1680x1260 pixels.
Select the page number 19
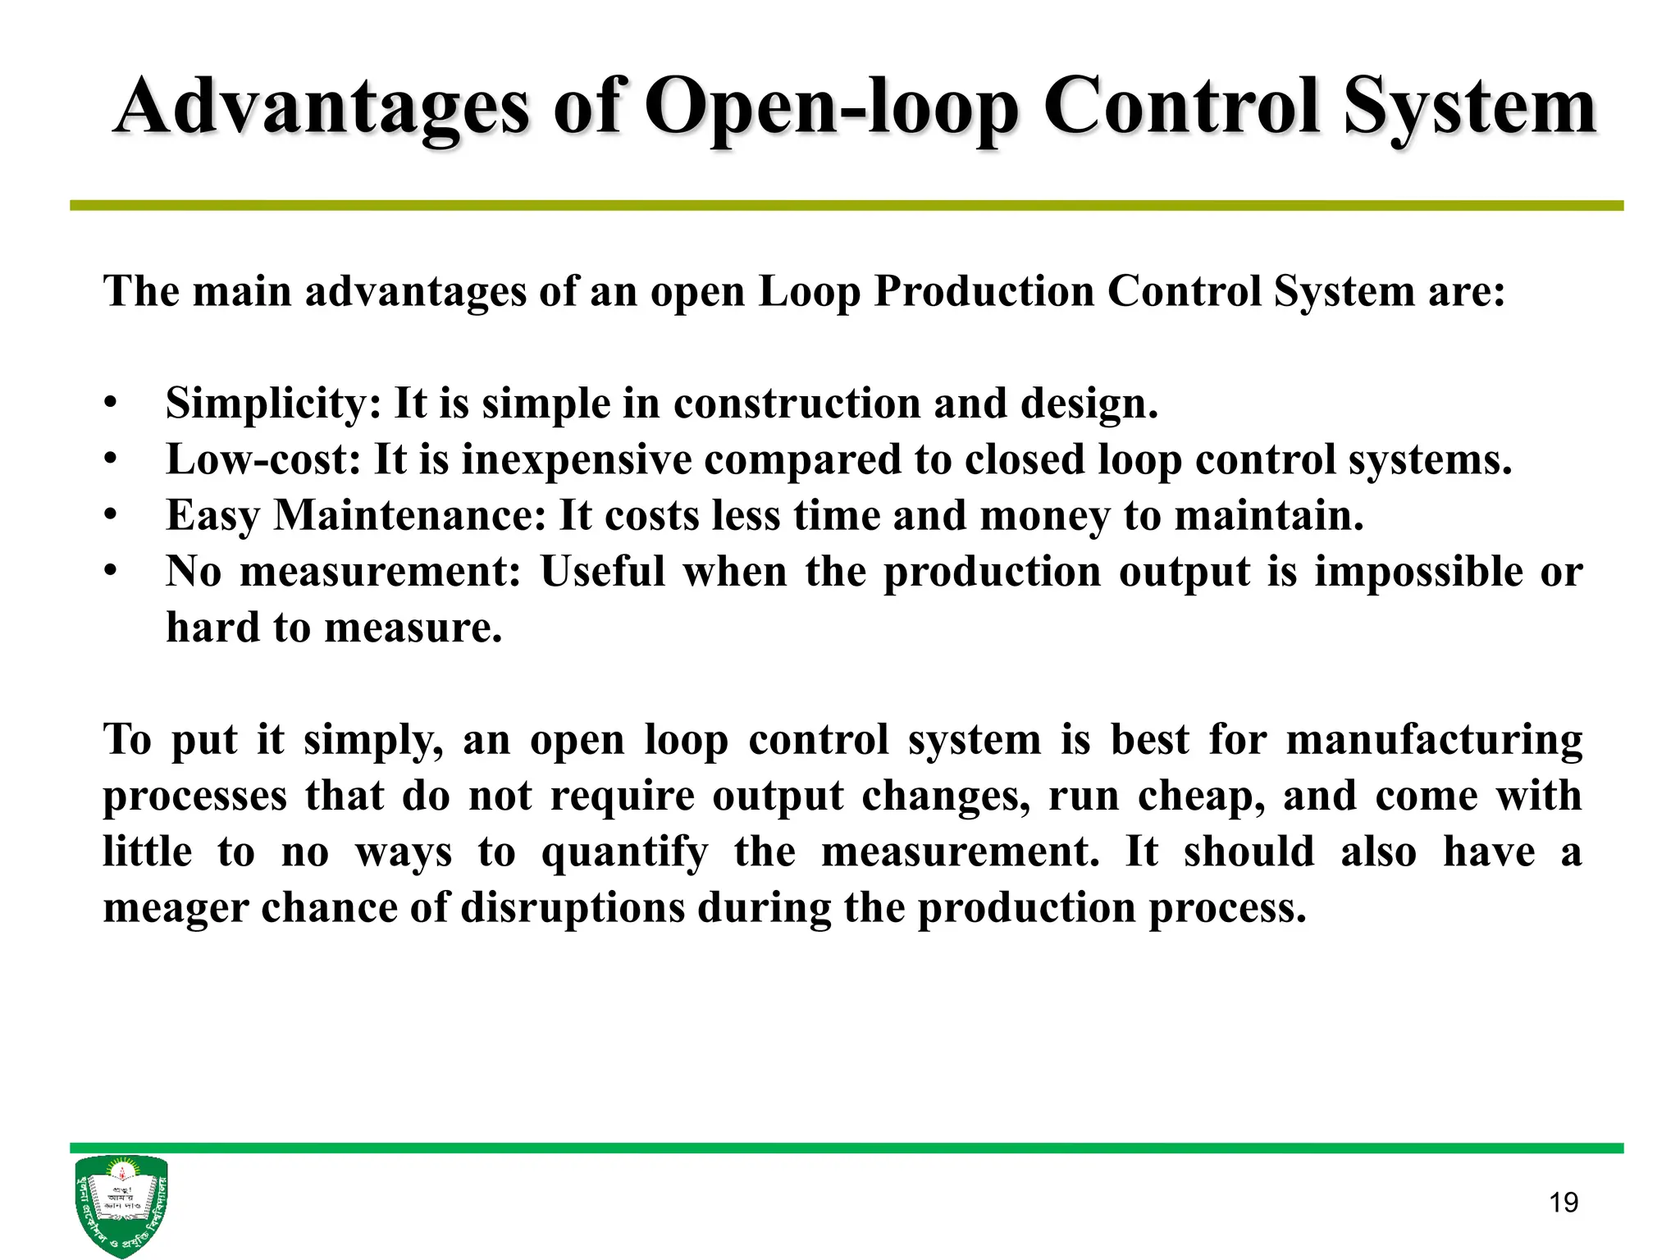click(x=1563, y=1203)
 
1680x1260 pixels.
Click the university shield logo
click(x=121, y=1204)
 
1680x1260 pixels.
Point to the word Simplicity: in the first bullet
click(x=273, y=404)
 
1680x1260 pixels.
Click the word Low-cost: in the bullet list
click(x=262, y=459)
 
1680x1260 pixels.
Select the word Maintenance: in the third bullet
click(x=409, y=516)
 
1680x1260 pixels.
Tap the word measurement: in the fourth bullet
click(x=380, y=572)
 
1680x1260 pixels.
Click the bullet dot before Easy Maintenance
click(x=111, y=516)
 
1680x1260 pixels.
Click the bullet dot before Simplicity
click(x=111, y=404)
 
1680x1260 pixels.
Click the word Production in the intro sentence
click(x=984, y=291)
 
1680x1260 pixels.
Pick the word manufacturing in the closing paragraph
click(x=1433, y=740)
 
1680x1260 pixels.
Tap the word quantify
click(x=623, y=852)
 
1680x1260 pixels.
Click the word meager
click(x=175, y=908)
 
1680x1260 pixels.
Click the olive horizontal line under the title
click(x=846, y=206)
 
